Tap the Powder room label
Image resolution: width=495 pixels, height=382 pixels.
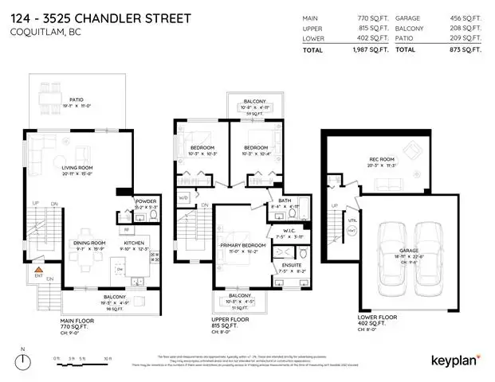146,201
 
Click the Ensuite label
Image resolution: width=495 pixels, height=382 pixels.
285,266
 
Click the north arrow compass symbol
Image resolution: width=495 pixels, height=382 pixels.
23,356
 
